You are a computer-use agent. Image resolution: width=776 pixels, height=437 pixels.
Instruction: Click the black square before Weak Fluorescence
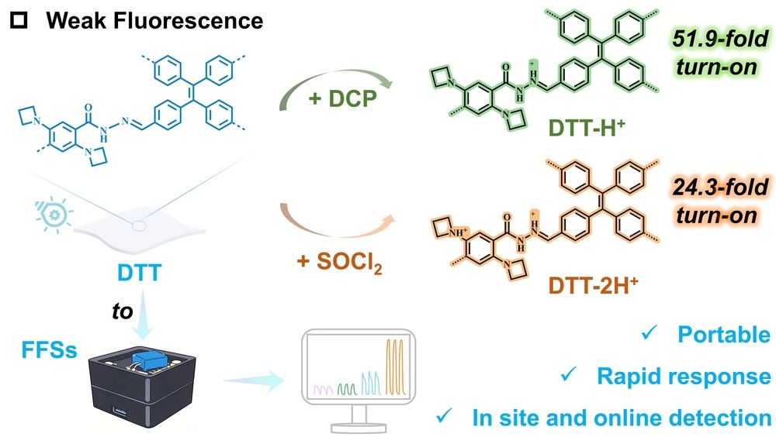[19, 21]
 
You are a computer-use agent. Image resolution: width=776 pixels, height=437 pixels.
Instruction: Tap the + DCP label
[342, 99]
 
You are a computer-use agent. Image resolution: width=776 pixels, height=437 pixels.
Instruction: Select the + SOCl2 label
[340, 262]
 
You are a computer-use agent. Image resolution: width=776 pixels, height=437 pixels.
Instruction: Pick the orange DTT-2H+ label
[593, 285]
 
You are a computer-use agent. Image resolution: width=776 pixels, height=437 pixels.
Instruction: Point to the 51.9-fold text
[720, 39]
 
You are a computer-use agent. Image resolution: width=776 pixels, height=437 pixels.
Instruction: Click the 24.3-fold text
[720, 188]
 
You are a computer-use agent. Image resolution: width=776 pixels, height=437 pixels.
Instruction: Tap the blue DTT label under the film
[139, 273]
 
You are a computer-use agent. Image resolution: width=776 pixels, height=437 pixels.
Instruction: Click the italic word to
[123, 311]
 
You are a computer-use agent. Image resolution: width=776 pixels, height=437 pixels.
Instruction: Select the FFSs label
[50, 350]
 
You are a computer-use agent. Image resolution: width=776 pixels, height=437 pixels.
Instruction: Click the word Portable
[723, 335]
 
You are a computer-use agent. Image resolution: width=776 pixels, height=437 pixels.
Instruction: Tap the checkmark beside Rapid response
[569, 374]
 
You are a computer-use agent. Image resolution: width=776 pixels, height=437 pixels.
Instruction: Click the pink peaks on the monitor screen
[323, 390]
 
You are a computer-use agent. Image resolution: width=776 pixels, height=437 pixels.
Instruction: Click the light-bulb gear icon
[54, 215]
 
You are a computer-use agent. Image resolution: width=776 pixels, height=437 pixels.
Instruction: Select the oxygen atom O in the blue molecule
[88, 108]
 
